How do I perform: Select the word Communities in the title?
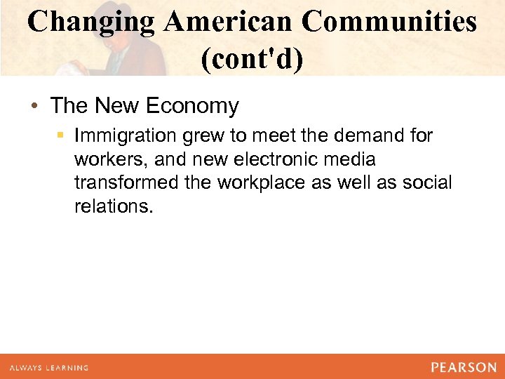click(389, 22)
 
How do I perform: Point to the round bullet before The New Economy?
click(34, 107)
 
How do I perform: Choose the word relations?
click(113, 208)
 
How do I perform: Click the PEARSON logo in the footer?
click(464, 367)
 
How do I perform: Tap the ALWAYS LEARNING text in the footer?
click(49, 368)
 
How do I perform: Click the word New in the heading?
click(118, 106)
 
